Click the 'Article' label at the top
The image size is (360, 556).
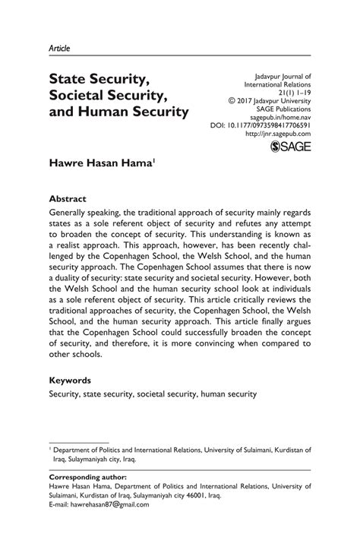(59, 47)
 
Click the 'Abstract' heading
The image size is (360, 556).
(69, 197)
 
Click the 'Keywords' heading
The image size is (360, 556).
(71, 380)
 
